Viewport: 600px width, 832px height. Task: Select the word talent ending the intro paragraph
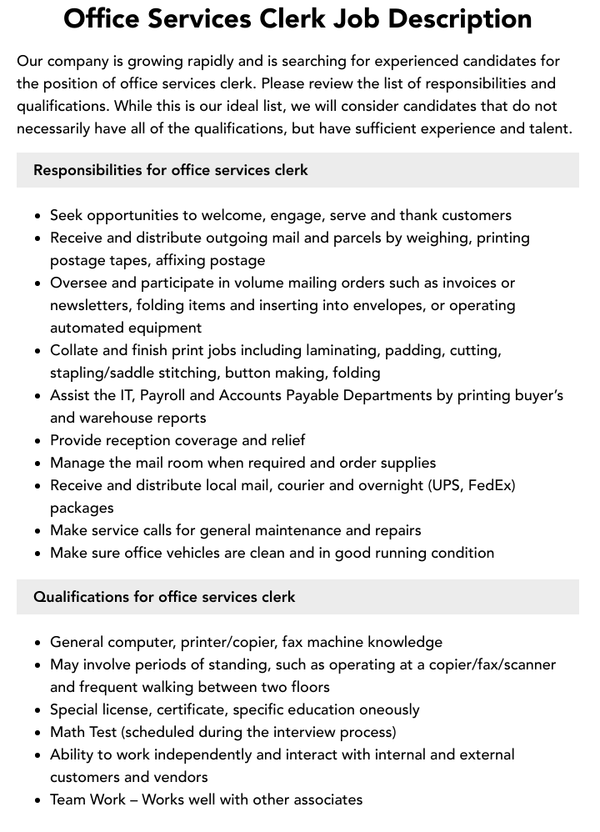click(x=547, y=128)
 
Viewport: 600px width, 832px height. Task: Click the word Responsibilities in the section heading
click(x=87, y=170)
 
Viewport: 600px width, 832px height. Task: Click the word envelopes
click(x=373, y=305)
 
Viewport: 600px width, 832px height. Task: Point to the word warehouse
click(x=119, y=418)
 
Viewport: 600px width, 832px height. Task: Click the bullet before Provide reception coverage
click(x=38, y=441)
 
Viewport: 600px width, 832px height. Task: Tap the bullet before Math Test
click(x=38, y=733)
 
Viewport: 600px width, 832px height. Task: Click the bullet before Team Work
click(x=38, y=800)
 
